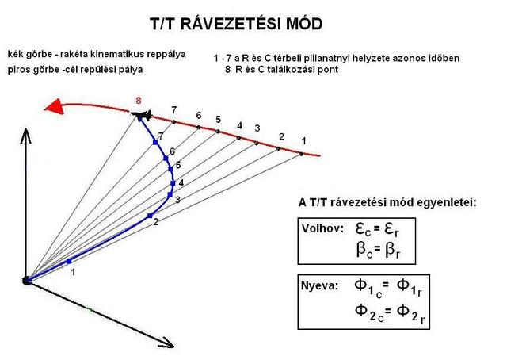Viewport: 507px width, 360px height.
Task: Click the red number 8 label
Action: point(139,101)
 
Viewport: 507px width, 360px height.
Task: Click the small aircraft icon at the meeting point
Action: point(143,117)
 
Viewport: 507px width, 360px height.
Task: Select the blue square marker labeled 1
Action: point(69,261)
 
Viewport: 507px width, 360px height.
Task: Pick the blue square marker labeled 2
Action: point(149,216)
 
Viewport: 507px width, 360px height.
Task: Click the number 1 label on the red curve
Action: point(303,141)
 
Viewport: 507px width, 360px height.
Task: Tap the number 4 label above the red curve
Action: point(239,125)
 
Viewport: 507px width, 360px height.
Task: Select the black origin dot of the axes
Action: point(27,279)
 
